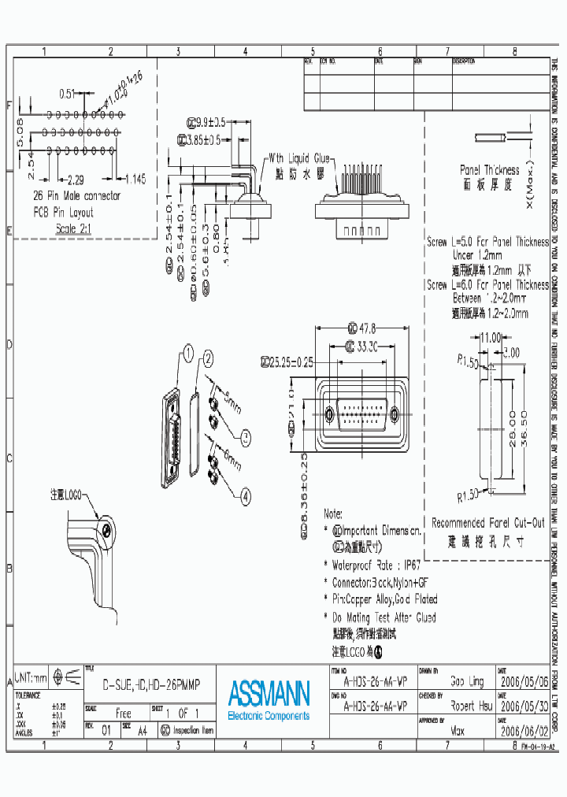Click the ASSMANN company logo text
click(x=269, y=693)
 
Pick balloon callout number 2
click(x=208, y=360)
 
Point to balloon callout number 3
click(x=245, y=435)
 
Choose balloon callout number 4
click(x=245, y=496)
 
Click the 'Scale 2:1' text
click(x=74, y=228)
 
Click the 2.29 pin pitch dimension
click(x=76, y=179)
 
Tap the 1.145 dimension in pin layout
click(x=135, y=179)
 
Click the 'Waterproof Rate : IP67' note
click(x=378, y=565)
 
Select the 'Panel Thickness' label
click(x=489, y=169)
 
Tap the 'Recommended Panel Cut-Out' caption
click(x=487, y=522)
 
